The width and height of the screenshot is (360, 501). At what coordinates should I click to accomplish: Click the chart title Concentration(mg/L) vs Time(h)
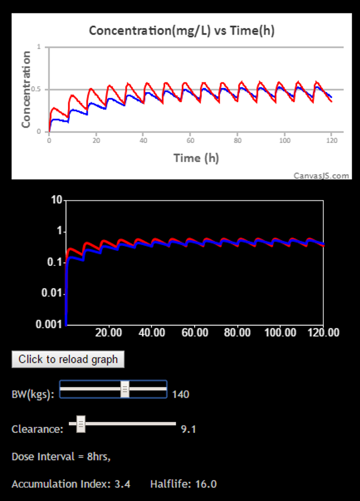pyautogui.click(x=181, y=30)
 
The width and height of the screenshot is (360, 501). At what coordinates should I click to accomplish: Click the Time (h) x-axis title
pyautogui.click(x=196, y=158)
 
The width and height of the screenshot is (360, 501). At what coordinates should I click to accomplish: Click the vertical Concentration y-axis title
pyautogui.click(x=26, y=89)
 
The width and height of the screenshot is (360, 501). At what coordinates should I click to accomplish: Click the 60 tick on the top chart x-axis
pyautogui.click(x=190, y=141)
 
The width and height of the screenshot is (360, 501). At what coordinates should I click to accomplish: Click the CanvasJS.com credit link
pyautogui.click(x=321, y=175)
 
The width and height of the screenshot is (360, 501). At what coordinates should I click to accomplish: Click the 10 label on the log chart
pyautogui.click(x=56, y=201)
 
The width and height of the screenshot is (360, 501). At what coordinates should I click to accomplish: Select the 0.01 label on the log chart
pyautogui.click(x=52, y=294)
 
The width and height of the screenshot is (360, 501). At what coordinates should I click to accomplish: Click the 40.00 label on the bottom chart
pyautogui.click(x=152, y=333)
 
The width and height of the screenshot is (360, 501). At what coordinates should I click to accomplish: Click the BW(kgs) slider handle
pyautogui.click(x=124, y=389)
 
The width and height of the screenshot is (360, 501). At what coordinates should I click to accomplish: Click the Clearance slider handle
pyautogui.click(x=81, y=424)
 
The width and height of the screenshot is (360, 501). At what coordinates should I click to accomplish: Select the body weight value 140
pyautogui.click(x=181, y=394)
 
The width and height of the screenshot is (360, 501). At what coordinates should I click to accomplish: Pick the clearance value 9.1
pyautogui.click(x=188, y=429)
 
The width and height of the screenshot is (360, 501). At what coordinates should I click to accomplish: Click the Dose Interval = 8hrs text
pyautogui.click(x=61, y=456)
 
